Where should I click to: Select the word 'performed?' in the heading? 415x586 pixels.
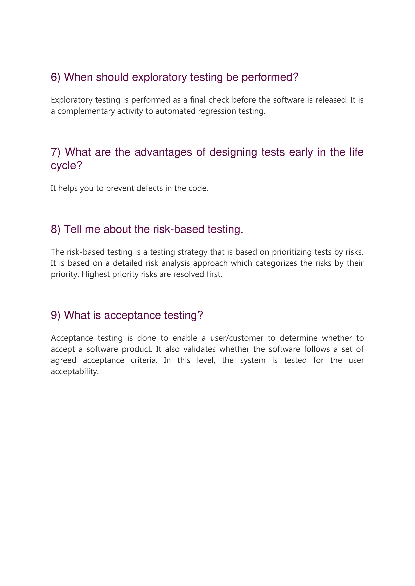pyautogui.click(x=270, y=77)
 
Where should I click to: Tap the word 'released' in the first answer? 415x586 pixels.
pyautogui.click(x=332, y=100)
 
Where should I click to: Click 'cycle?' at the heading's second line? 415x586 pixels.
pyautogui.click(x=66, y=166)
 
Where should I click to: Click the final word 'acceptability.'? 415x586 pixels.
pyautogui.click(x=75, y=371)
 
